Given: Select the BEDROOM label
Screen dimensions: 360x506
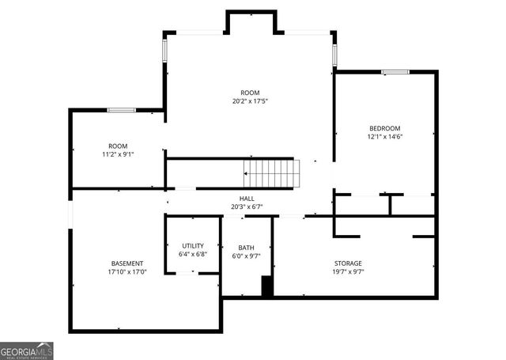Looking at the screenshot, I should [x=384, y=128].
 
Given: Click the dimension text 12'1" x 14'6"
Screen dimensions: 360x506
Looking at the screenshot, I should [x=384, y=137].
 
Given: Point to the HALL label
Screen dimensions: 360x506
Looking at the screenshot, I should [x=247, y=199].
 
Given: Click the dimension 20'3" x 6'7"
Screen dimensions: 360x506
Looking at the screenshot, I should [x=247, y=207].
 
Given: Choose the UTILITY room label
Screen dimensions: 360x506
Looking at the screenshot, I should [x=193, y=246].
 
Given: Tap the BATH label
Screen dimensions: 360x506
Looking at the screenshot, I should [x=246, y=248].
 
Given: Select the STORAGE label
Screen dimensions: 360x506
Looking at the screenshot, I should [x=347, y=263].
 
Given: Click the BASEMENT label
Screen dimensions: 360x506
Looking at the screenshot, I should [x=127, y=263].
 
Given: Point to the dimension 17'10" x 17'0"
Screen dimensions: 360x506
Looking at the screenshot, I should [x=127, y=272].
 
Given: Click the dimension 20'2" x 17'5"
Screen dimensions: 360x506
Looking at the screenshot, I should [x=250, y=101].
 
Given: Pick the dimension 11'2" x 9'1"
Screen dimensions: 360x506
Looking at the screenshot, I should [x=118, y=155].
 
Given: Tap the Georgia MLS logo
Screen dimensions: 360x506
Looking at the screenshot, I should [x=27, y=351].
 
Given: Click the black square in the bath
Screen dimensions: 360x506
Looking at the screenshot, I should [x=267, y=287].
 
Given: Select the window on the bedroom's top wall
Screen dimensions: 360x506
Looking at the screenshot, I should [x=395, y=72].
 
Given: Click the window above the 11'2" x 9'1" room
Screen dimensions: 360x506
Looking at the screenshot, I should [x=121, y=110].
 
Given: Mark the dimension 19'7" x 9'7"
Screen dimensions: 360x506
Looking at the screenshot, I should [x=347, y=272].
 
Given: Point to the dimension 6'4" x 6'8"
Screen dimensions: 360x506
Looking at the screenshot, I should [x=193, y=255].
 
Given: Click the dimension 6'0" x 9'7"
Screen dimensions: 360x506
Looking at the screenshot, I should [x=246, y=256].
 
